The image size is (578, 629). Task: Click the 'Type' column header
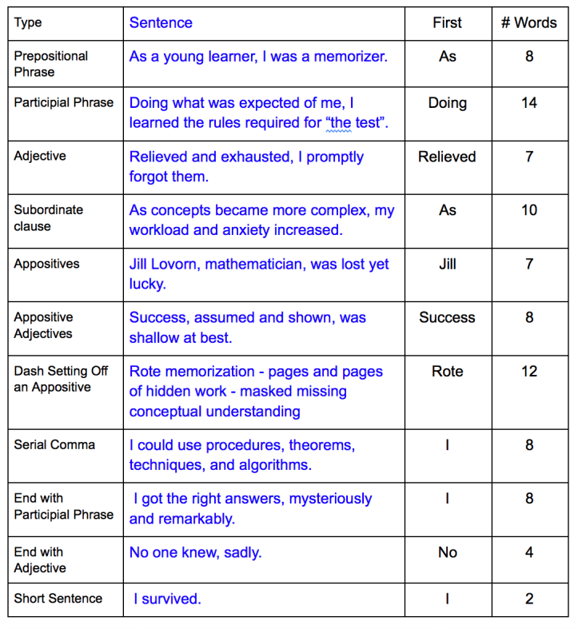pos(28,22)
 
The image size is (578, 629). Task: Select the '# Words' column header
pos(528,22)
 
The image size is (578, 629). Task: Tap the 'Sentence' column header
pos(161,22)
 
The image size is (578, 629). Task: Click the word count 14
pos(528,103)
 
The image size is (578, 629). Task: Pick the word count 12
pos(528,372)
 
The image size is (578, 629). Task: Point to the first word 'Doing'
pos(447,103)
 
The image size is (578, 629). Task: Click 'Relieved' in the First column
pos(447,157)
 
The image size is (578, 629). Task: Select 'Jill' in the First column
pos(447,264)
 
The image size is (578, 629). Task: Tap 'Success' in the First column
pos(447,317)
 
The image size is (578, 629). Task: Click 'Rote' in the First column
pos(447,372)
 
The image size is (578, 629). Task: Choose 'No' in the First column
pos(447,552)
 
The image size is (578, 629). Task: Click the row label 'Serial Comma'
pos(54,445)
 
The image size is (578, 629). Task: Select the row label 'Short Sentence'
pos(58,599)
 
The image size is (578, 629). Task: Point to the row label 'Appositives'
pos(46,264)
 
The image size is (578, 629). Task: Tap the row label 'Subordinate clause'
pos(49,218)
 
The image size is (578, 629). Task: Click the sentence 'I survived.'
pos(167,599)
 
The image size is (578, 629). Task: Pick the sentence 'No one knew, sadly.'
pos(196,552)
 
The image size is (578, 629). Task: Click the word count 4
pos(528,552)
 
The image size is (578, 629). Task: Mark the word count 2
pos(528,599)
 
